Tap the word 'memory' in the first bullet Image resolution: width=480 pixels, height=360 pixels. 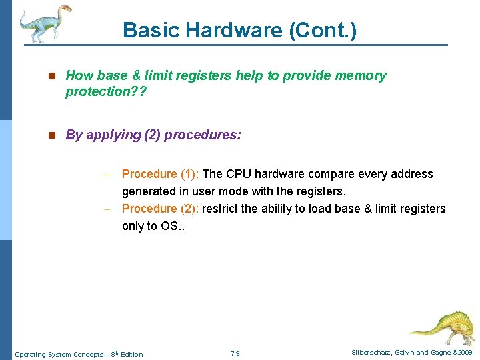(361, 75)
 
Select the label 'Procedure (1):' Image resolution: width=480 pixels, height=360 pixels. (159, 174)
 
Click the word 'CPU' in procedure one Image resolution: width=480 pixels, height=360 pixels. (238, 174)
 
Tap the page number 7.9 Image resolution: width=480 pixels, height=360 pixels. (235, 353)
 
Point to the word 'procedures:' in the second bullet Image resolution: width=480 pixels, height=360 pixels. (203, 135)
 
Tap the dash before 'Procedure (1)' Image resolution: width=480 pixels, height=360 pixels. (106, 175)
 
